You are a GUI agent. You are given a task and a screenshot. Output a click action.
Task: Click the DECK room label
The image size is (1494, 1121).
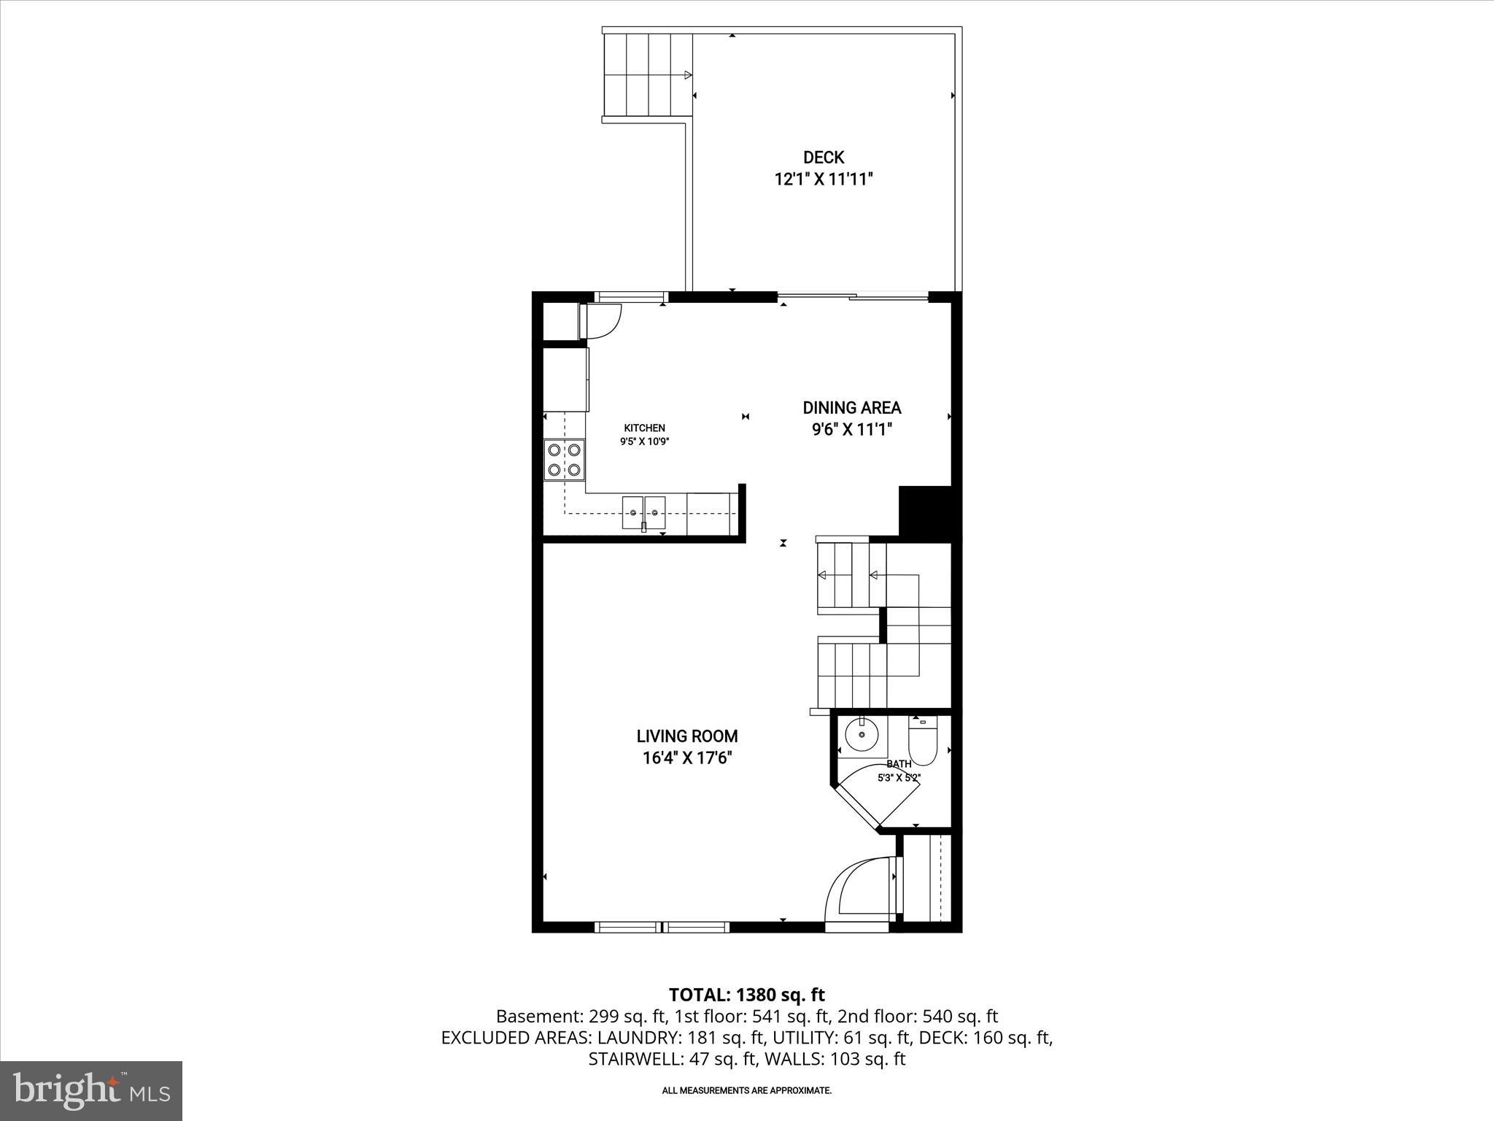tap(823, 157)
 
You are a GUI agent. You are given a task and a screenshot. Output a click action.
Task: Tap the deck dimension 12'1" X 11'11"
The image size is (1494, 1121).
tap(823, 179)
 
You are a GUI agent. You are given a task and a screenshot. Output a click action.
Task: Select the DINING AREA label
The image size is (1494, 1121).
tap(851, 408)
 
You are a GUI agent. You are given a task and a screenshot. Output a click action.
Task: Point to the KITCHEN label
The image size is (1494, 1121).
tap(644, 428)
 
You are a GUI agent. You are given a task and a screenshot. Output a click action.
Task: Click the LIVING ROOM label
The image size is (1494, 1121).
tap(686, 736)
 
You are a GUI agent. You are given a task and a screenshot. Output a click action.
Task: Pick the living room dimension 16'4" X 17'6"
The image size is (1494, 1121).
tap(686, 758)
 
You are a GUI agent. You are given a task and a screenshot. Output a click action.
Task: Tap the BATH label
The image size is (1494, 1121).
tap(899, 764)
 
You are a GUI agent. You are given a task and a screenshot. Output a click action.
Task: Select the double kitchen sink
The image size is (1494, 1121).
tap(644, 512)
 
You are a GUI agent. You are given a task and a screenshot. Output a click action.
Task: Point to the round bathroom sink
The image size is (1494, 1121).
tap(862, 736)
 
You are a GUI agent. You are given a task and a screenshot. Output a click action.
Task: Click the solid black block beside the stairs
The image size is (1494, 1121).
tap(925, 512)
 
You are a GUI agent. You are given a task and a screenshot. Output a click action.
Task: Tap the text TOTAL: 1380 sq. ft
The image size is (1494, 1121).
tap(746, 995)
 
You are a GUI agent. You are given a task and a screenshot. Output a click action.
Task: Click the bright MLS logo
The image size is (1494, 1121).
tap(91, 1091)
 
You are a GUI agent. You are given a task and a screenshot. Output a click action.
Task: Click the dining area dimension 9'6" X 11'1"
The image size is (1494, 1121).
tap(851, 430)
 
